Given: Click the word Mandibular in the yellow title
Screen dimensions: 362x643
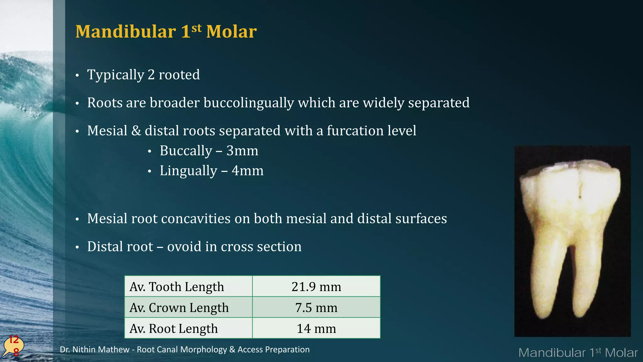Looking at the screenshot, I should click(x=126, y=32).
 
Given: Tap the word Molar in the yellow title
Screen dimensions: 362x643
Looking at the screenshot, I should click(x=231, y=32).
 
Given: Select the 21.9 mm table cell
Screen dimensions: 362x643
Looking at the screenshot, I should click(x=316, y=287).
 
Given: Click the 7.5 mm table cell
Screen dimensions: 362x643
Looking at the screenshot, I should click(x=316, y=308).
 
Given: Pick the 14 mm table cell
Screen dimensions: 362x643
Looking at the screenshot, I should click(x=316, y=329).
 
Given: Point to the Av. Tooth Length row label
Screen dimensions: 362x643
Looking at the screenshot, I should click(x=177, y=287).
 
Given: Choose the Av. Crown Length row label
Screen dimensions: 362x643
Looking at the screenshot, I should click(x=179, y=308).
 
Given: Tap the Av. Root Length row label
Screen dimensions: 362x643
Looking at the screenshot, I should click(x=174, y=329).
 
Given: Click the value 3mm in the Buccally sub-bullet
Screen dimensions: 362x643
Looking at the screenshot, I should click(x=242, y=151).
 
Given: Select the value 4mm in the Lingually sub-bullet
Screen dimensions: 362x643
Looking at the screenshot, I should click(x=247, y=171).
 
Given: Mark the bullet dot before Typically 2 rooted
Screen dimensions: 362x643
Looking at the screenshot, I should click(x=77, y=76).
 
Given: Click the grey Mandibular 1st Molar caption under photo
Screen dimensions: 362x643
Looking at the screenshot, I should click(x=578, y=353).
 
